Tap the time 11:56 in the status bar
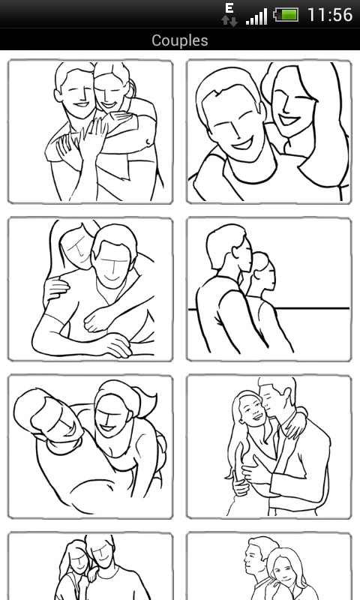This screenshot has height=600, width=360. click(x=330, y=15)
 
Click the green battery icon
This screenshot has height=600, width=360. click(x=286, y=15)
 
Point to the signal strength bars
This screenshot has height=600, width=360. click(x=256, y=17)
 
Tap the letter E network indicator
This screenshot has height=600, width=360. click(x=229, y=8)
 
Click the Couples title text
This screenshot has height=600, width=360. click(x=180, y=40)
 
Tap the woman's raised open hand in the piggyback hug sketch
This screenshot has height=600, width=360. click(x=92, y=136)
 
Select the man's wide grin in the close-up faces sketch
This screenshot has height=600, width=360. click(x=242, y=143)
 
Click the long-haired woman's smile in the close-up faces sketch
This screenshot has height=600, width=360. click(x=289, y=120)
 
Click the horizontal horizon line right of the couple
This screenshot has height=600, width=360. click(x=313, y=308)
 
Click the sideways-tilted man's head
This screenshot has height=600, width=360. click(x=48, y=415)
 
